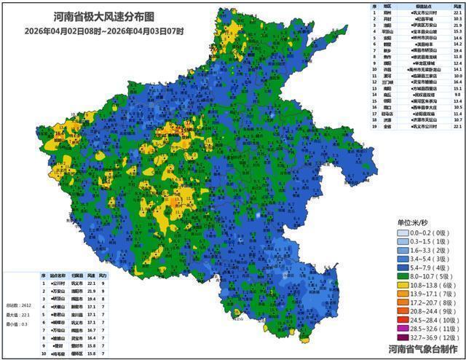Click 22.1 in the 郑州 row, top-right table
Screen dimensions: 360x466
click(457, 12)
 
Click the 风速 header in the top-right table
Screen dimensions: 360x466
click(457, 6)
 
